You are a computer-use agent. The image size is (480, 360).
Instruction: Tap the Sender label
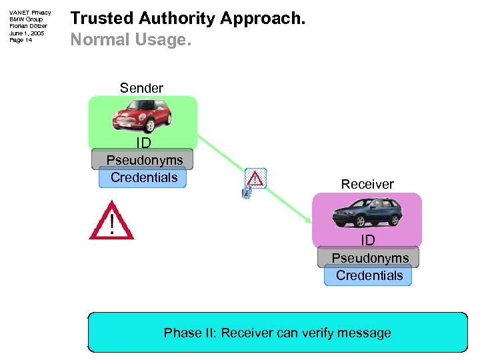pyautogui.click(x=141, y=88)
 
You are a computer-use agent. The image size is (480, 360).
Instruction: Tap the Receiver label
pyautogui.click(x=367, y=184)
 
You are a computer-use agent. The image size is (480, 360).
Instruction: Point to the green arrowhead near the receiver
pyautogui.click(x=308, y=221)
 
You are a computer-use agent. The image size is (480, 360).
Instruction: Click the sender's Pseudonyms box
pyautogui.click(x=144, y=160)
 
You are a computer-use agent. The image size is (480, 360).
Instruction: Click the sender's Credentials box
pyautogui.click(x=143, y=177)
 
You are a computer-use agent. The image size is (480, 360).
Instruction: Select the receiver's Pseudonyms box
pyautogui.click(x=370, y=258)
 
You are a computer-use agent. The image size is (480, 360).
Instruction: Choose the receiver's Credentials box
pyautogui.click(x=369, y=275)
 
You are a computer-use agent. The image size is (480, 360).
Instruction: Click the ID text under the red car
pyautogui.click(x=143, y=143)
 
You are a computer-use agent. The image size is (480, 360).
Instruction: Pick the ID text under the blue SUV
pyautogui.click(x=368, y=240)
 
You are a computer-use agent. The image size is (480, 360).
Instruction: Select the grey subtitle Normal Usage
pyautogui.click(x=131, y=40)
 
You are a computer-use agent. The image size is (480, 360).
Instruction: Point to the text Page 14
pyautogui.click(x=21, y=40)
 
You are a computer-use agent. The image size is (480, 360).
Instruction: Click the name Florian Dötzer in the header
pyautogui.click(x=28, y=26)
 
